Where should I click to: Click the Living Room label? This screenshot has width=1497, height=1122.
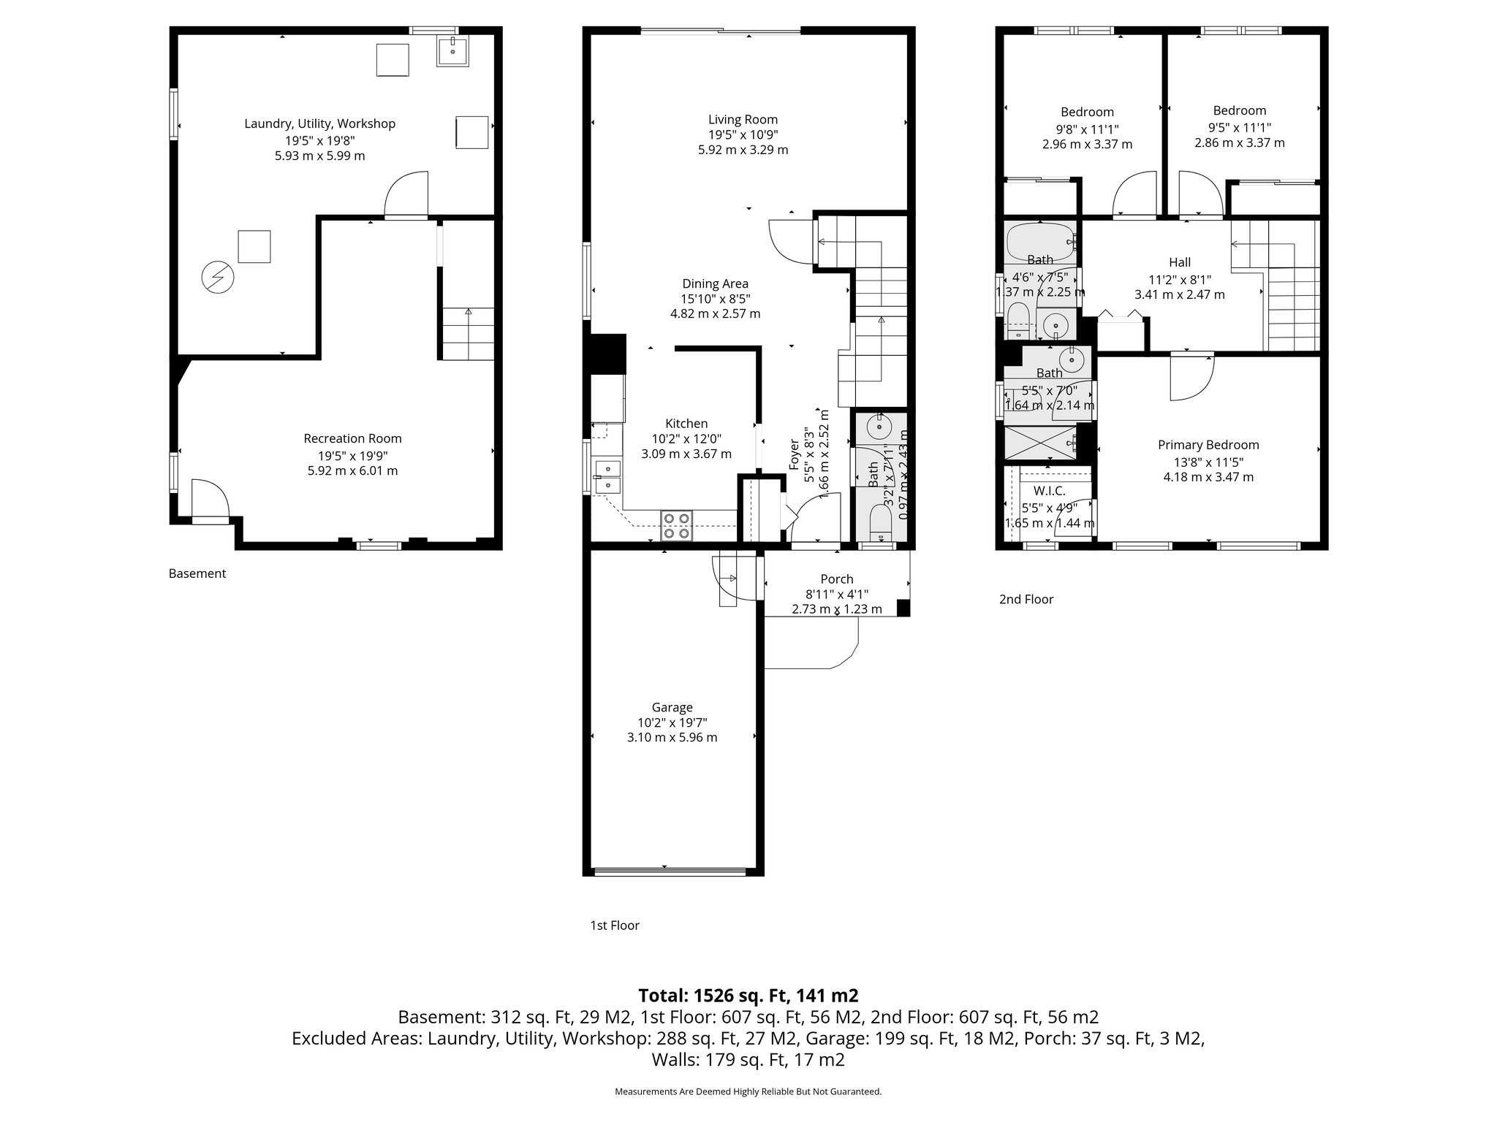tap(743, 120)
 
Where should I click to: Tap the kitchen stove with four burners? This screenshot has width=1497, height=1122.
tap(676, 525)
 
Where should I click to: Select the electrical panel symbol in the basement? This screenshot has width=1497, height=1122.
tap(218, 278)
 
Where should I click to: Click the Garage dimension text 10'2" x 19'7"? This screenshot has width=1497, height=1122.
tap(672, 722)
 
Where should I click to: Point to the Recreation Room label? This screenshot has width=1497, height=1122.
tap(352, 438)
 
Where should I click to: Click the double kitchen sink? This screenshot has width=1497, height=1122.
tap(607, 476)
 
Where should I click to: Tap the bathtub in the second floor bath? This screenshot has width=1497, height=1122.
tap(1039, 238)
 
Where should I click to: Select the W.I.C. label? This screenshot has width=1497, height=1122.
tap(1049, 491)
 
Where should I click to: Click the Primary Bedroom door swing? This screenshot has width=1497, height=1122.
tap(1190, 378)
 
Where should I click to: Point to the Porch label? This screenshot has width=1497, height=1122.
tap(836, 579)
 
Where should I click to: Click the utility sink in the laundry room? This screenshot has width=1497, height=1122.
tap(453, 51)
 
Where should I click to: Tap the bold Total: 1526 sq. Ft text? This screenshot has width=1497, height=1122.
tap(748, 996)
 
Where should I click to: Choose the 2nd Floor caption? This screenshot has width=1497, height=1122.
tap(1026, 599)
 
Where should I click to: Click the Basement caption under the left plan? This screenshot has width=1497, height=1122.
tap(197, 573)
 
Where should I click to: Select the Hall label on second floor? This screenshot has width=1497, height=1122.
tap(1179, 262)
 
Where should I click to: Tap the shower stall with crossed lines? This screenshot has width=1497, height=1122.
tap(1039, 441)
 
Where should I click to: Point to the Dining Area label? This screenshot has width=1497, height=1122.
tap(715, 283)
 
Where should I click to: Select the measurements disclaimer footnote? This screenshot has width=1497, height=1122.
tap(748, 1091)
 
